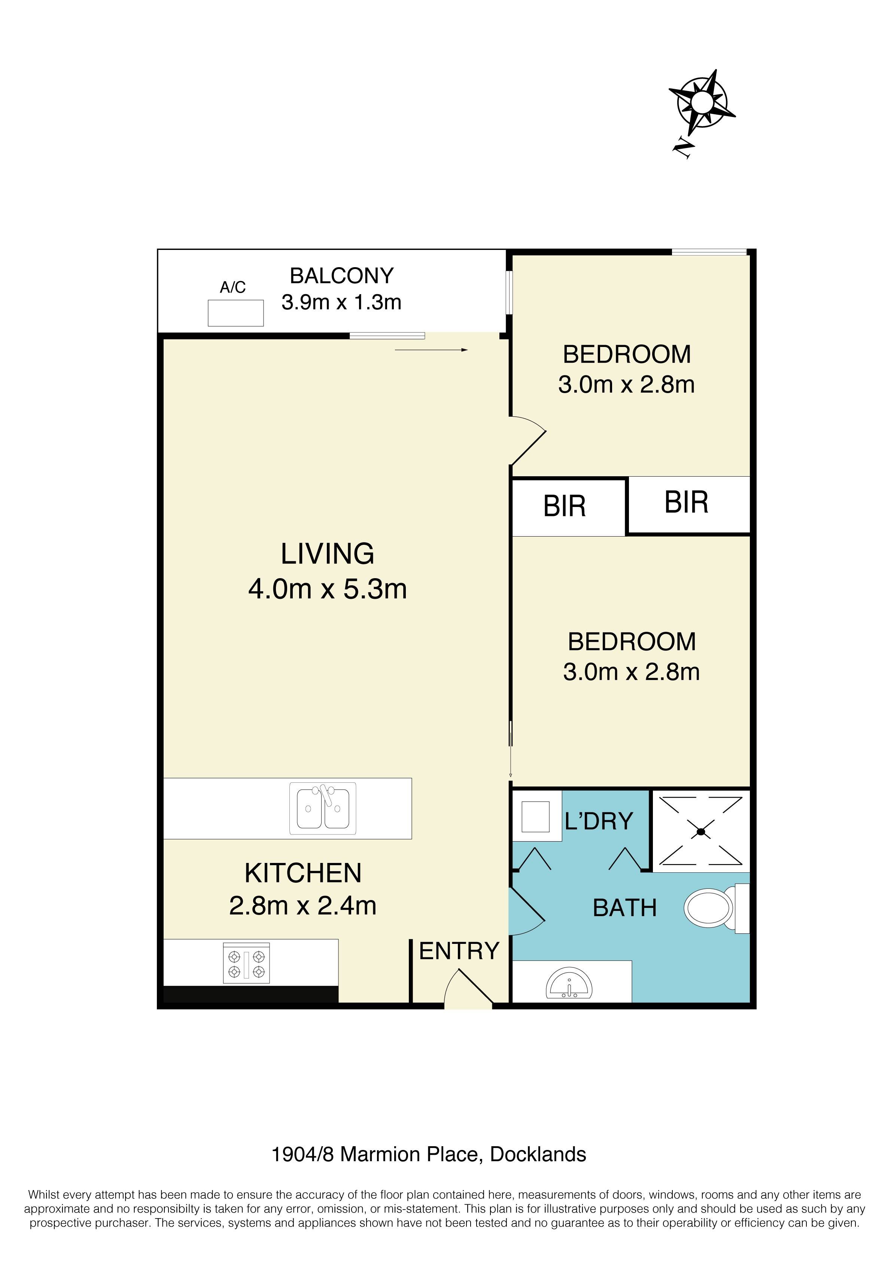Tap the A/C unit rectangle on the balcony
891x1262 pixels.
click(235, 313)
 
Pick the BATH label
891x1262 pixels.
click(624, 908)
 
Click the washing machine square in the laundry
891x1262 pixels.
click(535, 817)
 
